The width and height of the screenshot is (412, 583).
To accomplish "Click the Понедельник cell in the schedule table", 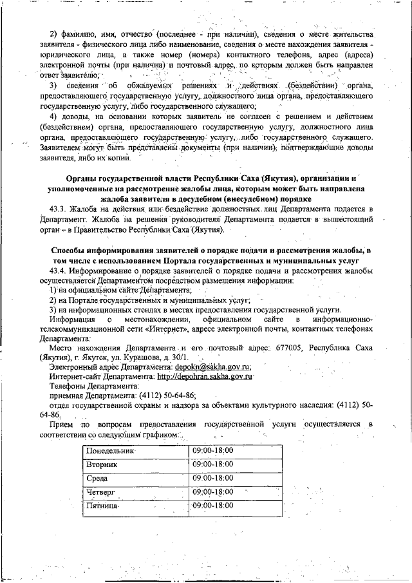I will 108,450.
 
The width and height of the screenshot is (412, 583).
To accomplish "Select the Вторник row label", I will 101,464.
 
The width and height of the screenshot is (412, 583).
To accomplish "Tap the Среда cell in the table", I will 97,478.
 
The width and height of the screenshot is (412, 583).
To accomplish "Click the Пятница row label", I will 102,506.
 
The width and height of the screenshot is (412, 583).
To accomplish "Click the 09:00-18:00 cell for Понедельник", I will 213,450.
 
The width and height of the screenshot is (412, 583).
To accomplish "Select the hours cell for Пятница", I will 213,506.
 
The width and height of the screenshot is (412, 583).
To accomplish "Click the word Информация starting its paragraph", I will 73,319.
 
